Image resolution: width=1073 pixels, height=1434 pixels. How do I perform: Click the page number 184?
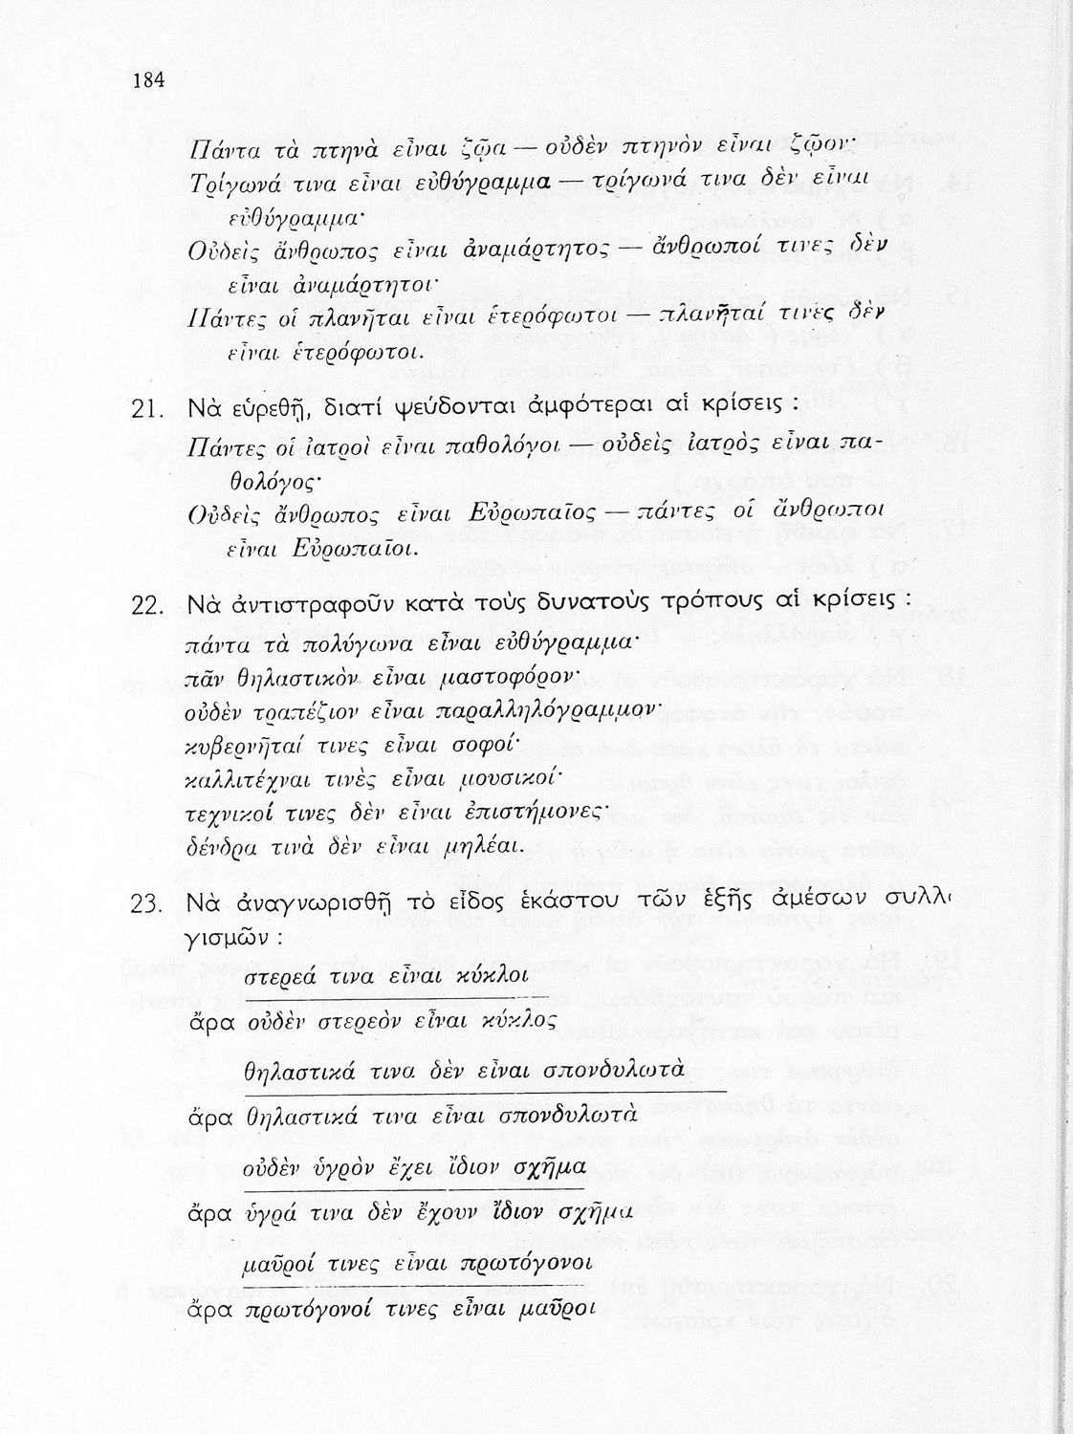tap(149, 80)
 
